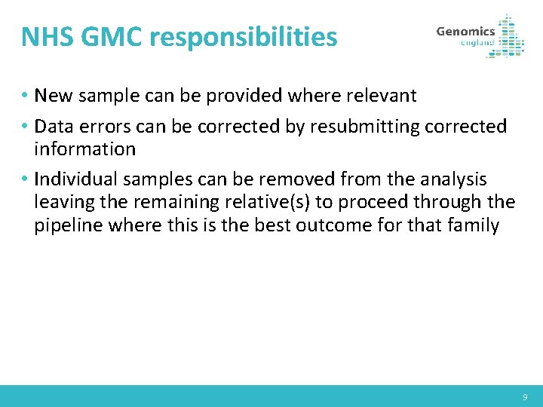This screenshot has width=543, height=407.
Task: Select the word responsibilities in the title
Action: point(241,36)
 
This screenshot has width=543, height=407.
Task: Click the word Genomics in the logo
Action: point(465,31)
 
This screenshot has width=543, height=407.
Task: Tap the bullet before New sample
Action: point(26,96)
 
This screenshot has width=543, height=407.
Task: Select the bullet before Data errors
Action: point(26,127)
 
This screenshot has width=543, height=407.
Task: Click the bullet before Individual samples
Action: point(26,180)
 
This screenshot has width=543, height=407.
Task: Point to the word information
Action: point(84,148)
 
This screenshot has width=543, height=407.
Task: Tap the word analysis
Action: point(452,179)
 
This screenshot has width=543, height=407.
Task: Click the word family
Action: point(471,225)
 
